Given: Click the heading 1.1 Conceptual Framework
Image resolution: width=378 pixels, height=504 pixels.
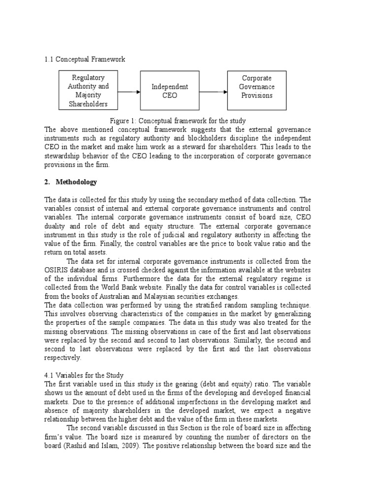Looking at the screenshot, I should point(85,59).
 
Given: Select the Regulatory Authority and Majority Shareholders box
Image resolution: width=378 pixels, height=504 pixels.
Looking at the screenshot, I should point(88,91).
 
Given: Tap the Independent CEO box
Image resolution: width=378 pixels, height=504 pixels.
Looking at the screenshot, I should point(170,91).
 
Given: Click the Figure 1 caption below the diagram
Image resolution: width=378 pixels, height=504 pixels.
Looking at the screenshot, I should point(177,121).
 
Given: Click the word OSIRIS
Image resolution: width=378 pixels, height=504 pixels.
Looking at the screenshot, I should point(57,270).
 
